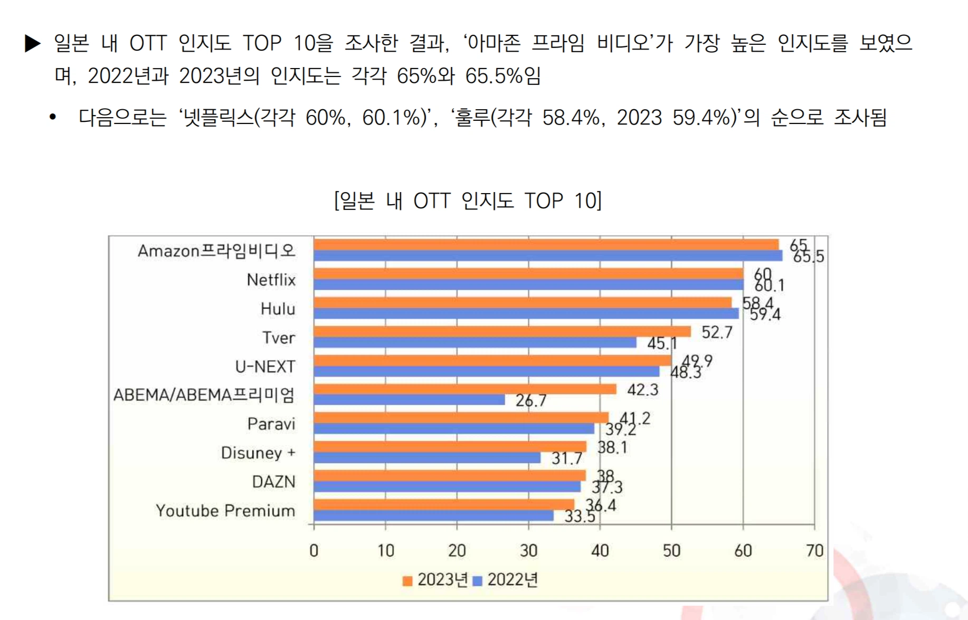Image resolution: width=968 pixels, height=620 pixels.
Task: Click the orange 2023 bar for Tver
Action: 501,331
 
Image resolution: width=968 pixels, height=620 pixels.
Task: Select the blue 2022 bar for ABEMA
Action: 409,400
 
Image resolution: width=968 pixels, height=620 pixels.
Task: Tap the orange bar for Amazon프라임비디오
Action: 546,245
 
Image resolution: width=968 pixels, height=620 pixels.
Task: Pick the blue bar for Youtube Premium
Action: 433,516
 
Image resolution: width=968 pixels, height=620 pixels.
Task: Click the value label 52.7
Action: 717,332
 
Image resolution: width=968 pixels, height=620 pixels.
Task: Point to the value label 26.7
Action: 531,401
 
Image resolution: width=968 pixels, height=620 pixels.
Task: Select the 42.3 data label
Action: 642,390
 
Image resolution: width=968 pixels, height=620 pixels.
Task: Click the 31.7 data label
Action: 566,459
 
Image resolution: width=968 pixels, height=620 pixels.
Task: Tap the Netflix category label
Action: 271,280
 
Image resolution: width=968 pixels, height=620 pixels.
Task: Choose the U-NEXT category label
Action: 265,366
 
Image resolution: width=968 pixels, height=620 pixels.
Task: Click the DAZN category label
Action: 273,482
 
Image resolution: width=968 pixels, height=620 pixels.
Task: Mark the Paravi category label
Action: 271,424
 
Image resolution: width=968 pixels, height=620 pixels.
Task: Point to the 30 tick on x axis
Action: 528,551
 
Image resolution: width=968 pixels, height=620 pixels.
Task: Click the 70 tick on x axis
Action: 814,551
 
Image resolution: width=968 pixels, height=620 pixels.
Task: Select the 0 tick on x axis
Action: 314,551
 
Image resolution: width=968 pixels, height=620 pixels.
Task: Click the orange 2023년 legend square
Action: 407,581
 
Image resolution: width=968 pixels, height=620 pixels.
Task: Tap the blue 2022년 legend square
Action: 477,581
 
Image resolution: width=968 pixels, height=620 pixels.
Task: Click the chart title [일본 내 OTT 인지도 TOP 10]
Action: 468,201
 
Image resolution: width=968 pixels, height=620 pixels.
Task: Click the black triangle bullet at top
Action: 33,43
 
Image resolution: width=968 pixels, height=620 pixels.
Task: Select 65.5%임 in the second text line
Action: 502,76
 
